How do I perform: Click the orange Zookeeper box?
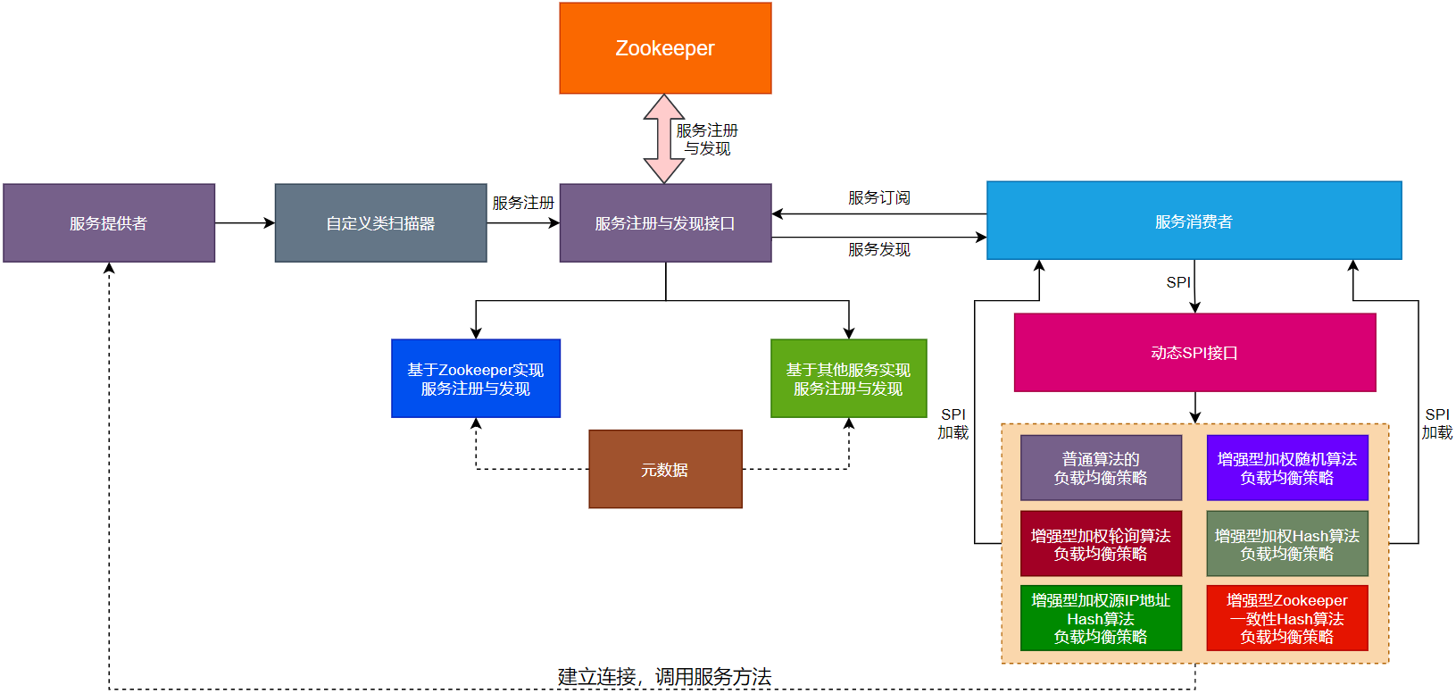click(665, 48)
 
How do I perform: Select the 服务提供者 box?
click(109, 223)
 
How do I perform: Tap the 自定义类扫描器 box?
click(380, 223)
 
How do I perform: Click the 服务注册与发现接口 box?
click(665, 223)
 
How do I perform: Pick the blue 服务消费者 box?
click(1194, 221)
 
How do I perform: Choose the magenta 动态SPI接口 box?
click(1194, 353)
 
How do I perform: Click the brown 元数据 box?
click(665, 469)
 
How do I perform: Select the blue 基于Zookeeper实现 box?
click(476, 379)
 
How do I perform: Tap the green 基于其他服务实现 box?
click(848, 379)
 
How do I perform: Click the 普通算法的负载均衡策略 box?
click(1101, 468)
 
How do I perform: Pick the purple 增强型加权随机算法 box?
click(1286, 468)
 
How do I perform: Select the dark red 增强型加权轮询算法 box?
click(1101, 544)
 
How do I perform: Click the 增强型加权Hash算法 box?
click(1286, 544)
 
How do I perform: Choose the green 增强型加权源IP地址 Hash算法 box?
click(1101, 618)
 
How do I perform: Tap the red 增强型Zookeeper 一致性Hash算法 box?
click(1286, 618)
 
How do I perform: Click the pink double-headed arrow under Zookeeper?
click(663, 138)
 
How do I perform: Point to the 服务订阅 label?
click(878, 197)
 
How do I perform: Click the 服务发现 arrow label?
click(878, 249)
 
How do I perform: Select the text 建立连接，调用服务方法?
click(664, 677)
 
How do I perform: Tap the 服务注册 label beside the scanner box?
click(523, 203)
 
